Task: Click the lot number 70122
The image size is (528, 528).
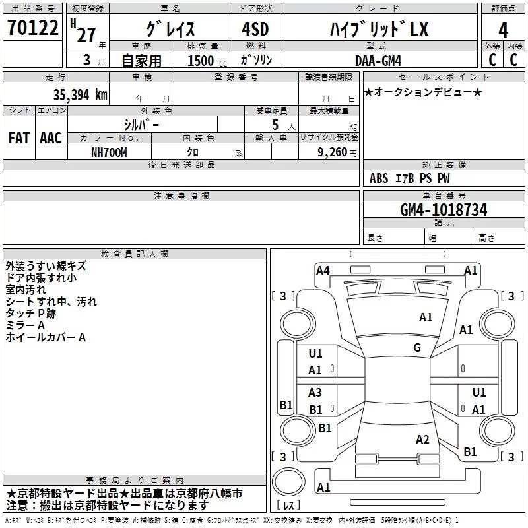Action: (32, 28)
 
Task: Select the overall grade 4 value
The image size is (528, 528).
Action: (503, 30)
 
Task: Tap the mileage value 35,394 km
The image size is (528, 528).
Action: (80, 95)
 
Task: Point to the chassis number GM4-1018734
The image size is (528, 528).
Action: (444, 210)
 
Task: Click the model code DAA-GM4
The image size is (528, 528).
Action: (378, 61)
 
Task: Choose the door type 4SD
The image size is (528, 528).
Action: (255, 29)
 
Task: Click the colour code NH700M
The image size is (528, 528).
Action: (109, 152)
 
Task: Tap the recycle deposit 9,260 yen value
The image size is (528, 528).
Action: (337, 152)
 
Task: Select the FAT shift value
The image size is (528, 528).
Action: (19, 138)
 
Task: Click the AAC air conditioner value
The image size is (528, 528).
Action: (51, 138)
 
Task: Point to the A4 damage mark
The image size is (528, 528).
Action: (323, 271)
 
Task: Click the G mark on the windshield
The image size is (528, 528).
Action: (417, 347)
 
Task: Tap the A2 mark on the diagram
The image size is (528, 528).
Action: (422, 439)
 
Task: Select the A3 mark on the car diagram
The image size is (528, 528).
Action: (315, 392)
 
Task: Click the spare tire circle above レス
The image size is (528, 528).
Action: (288, 482)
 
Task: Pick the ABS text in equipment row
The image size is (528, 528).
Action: (379, 178)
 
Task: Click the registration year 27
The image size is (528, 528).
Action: (86, 35)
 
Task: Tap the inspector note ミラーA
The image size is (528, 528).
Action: (25, 325)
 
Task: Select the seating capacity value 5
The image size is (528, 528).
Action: (275, 125)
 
